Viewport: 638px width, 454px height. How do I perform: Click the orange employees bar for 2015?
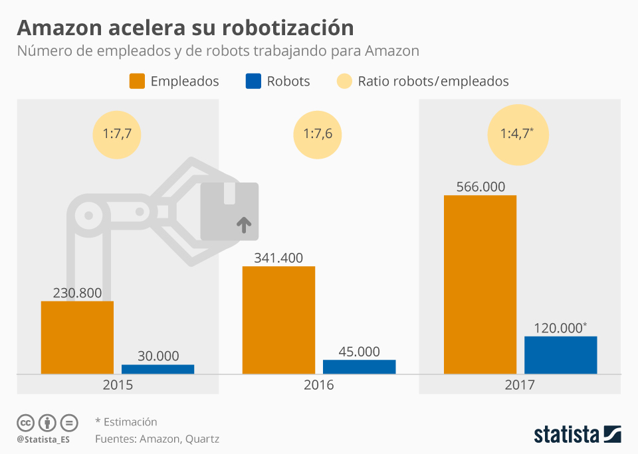tap(77, 337)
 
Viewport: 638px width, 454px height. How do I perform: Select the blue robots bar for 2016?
tap(359, 367)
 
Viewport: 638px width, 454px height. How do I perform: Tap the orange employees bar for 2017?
tap(480, 284)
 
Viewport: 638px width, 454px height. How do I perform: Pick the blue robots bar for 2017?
tap(560, 355)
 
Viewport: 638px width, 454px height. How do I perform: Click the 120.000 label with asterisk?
tap(560, 327)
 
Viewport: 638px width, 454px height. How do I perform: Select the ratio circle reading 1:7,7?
tap(118, 133)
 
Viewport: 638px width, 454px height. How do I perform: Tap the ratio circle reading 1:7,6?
tap(318, 133)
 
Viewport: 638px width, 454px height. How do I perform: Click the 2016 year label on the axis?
tap(319, 385)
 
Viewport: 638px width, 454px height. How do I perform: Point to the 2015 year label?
tap(118, 385)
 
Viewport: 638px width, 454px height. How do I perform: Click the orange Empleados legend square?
tap(137, 82)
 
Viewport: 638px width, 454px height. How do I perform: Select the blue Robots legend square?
tap(253, 82)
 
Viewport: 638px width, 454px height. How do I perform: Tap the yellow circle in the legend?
tap(344, 82)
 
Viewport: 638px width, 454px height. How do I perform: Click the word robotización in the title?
tap(288, 28)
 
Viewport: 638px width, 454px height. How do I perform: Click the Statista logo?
tap(577, 435)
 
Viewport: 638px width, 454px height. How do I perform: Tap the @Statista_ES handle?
tap(44, 439)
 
